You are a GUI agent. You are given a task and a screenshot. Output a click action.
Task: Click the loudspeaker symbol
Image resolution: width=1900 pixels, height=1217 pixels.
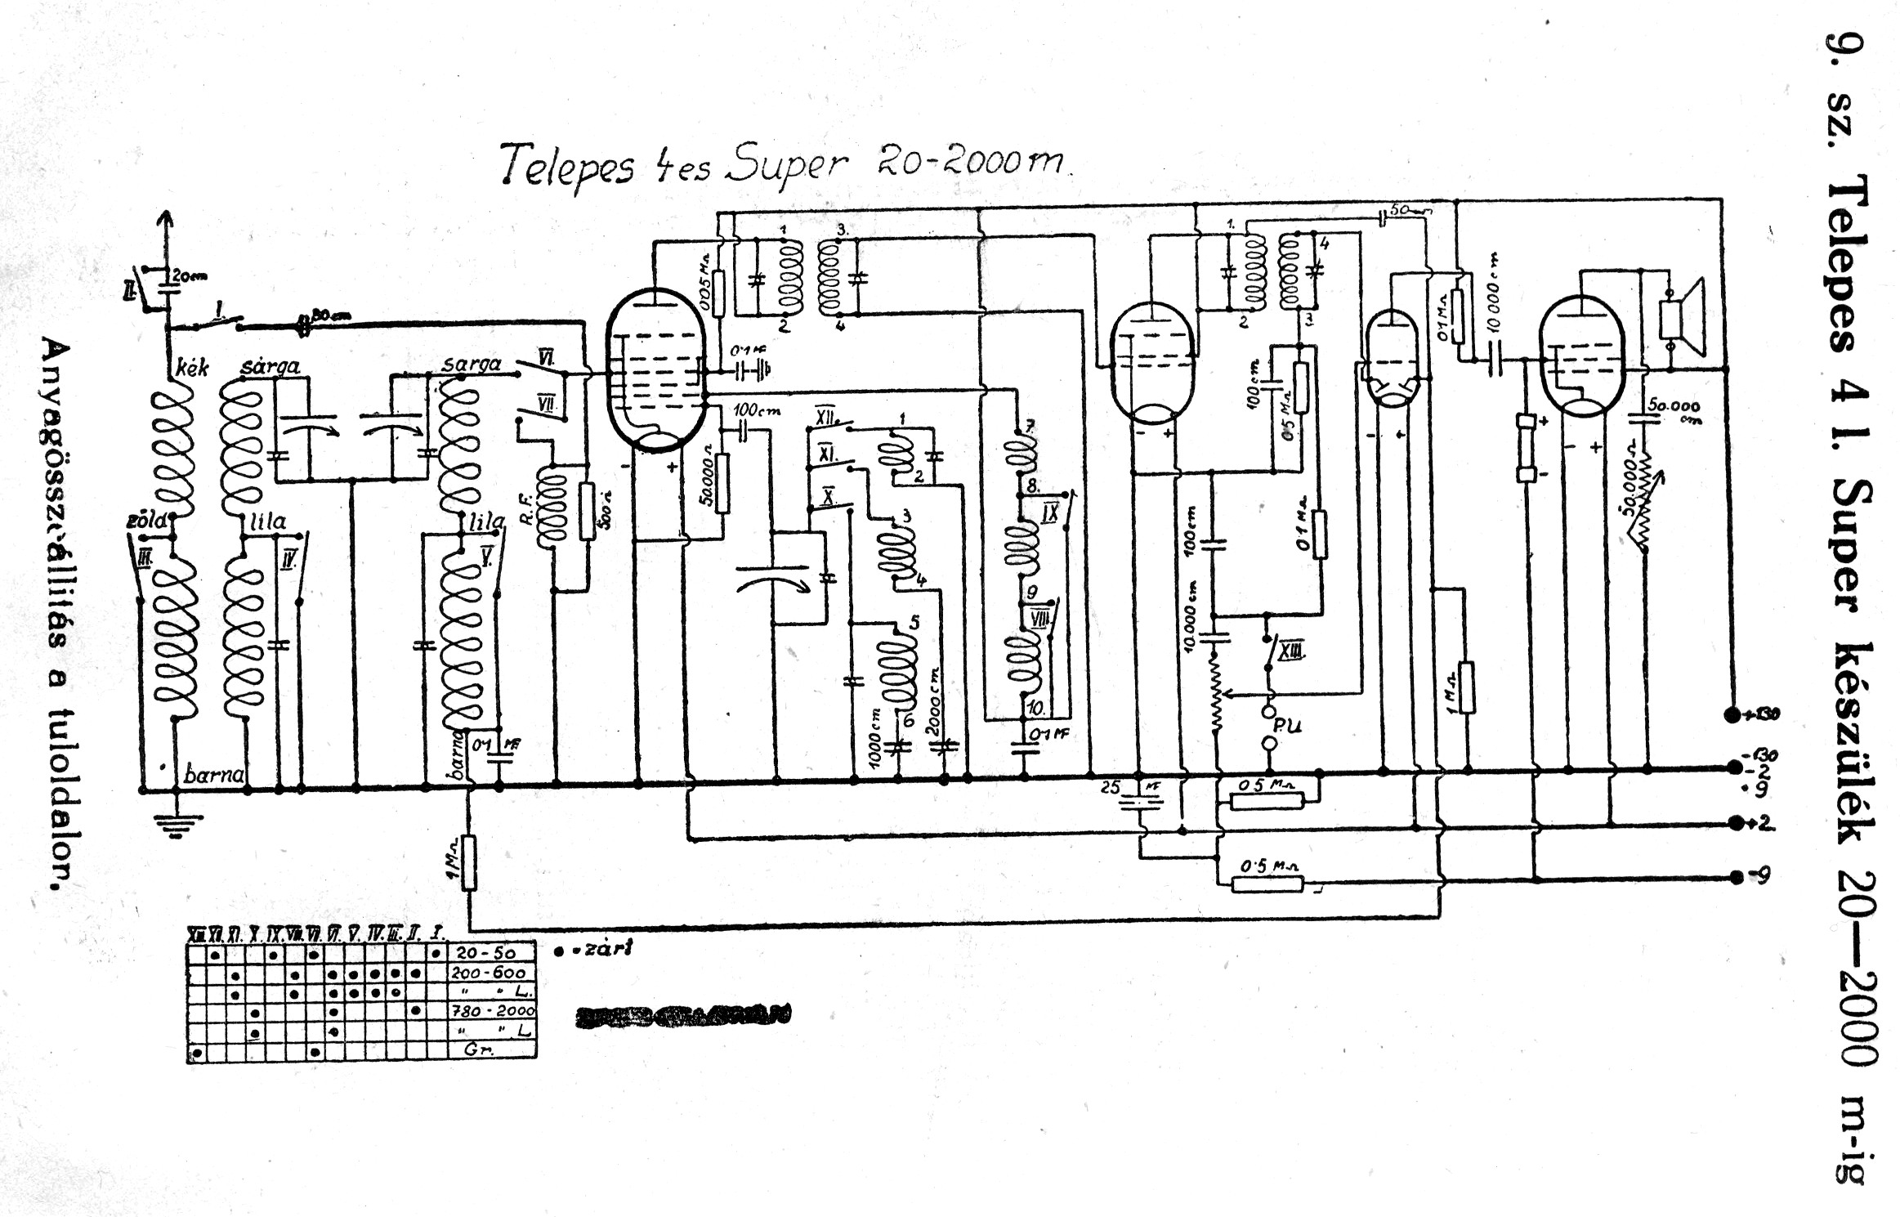click(x=1683, y=318)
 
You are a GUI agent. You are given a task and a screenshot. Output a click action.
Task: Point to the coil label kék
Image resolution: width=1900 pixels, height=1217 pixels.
click(x=193, y=368)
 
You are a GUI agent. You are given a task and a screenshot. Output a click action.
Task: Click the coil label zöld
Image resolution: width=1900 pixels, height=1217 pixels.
click(x=147, y=521)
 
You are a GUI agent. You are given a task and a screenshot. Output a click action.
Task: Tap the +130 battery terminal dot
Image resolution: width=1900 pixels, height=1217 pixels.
click(x=1730, y=715)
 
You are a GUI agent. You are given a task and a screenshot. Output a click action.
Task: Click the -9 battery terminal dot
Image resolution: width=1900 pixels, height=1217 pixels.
click(x=1736, y=877)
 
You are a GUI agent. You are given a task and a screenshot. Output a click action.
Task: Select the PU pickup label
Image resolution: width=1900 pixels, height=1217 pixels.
click(x=1287, y=726)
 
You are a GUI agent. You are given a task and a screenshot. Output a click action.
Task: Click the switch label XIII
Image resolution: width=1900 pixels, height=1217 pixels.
click(x=1291, y=651)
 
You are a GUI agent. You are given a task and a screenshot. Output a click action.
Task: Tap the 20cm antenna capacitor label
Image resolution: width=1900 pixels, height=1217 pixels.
click(x=190, y=276)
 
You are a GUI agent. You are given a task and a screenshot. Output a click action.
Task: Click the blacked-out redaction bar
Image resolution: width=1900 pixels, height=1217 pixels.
click(x=683, y=1015)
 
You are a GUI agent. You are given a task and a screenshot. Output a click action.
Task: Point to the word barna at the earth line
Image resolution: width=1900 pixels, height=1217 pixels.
click(x=214, y=774)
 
